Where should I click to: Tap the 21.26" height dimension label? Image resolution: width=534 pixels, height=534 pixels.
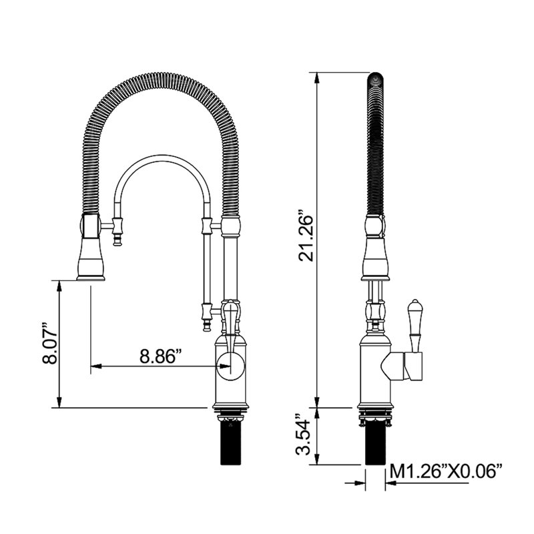pyautogui.click(x=306, y=238)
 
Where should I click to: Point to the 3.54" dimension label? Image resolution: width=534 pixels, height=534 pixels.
pyautogui.click(x=303, y=436)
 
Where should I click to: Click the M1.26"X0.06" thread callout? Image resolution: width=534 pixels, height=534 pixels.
pyautogui.click(x=446, y=471)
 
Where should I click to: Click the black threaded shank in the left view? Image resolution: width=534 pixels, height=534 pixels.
pyautogui.click(x=233, y=443)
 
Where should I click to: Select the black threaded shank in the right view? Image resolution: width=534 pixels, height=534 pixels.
pyautogui.click(x=375, y=443)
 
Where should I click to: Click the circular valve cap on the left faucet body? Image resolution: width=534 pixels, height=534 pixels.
pyautogui.click(x=231, y=366)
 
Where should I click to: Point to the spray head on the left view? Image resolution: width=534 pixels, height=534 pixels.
pyautogui.click(x=91, y=248)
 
